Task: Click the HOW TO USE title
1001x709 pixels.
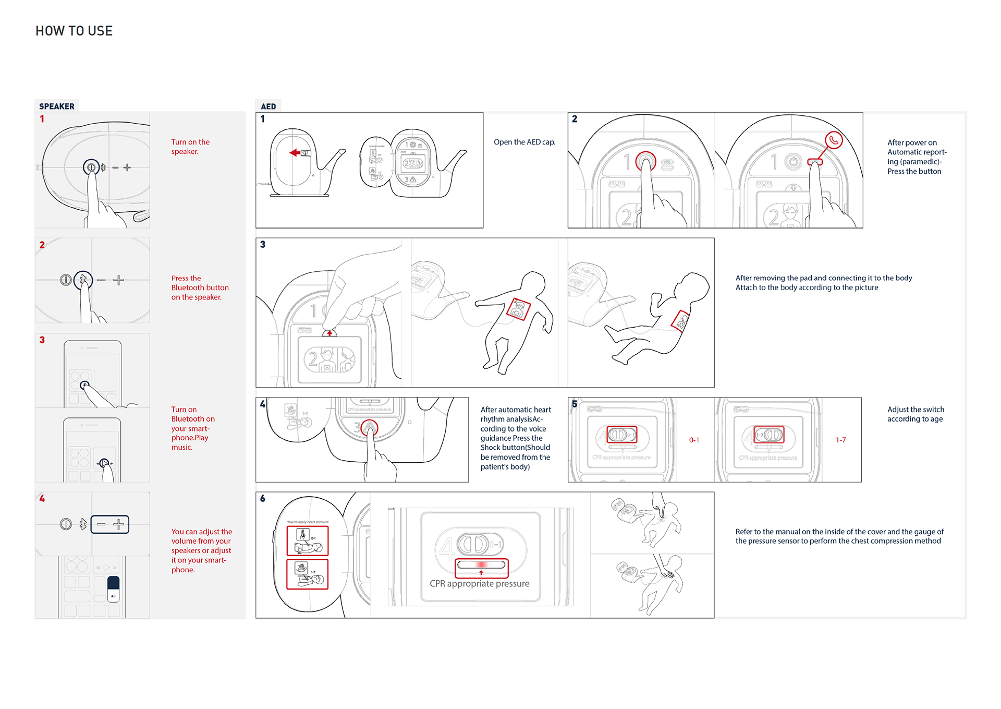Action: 74,31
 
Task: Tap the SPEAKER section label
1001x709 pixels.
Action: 57,106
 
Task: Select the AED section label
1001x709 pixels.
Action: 268,106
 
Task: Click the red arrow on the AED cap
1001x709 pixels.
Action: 295,153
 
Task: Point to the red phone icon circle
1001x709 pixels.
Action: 834,140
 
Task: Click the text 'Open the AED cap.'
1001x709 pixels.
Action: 524,142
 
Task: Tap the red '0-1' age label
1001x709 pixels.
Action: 694,440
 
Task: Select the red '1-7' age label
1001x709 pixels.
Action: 840,440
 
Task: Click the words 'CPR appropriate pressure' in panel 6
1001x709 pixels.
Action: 479,584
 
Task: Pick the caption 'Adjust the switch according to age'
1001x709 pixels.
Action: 915,414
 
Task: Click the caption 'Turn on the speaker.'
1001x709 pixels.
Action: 190,147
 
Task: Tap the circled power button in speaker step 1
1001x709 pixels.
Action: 91,167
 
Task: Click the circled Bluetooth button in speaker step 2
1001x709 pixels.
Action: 83,280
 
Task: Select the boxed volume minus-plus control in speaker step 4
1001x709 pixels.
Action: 110,524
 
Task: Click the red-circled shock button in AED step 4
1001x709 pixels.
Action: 369,428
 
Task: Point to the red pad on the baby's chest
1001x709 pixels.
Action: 518,309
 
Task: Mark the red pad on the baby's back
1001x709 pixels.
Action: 681,321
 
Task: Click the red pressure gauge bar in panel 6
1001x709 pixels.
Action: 481,564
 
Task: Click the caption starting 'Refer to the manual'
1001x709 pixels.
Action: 839,536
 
